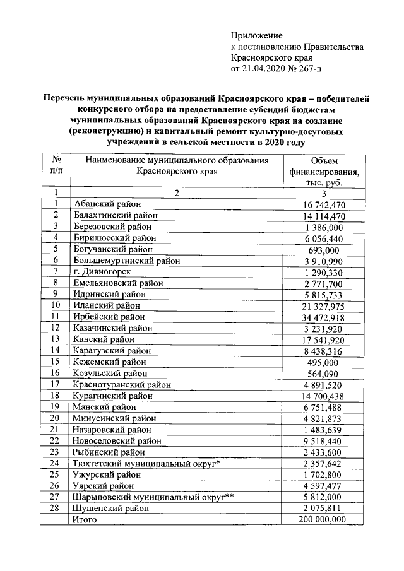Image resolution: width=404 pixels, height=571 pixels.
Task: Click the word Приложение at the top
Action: (x=257, y=35)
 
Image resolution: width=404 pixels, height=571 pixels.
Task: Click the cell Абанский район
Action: (x=107, y=203)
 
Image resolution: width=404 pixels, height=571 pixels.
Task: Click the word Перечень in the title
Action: (x=68, y=98)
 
